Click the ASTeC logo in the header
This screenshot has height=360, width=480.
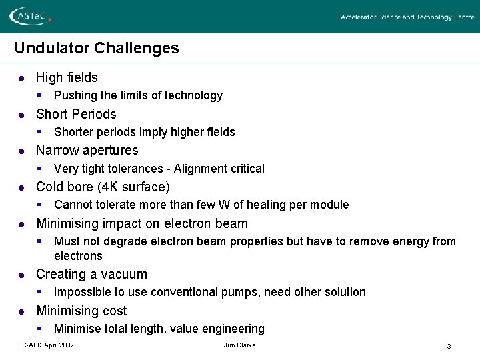point(31,16)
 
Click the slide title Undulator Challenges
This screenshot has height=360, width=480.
point(97,48)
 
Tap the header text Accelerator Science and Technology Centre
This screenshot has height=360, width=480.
point(407,17)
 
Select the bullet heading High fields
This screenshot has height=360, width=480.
point(67,77)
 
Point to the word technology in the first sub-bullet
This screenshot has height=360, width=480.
point(195,95)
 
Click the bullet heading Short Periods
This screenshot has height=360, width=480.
point(76,114)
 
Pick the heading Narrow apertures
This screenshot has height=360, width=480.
point(87,150)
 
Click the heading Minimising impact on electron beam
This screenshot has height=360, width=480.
point(142,223)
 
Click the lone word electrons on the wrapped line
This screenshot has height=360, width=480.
point(78,256)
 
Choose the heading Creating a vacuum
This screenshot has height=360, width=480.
point(91,274)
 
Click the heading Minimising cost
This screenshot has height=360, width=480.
point(81,311)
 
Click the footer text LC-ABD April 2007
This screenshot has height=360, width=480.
point(46,345)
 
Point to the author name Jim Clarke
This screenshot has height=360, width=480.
point(239,345)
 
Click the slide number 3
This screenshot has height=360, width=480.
point(449,346)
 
